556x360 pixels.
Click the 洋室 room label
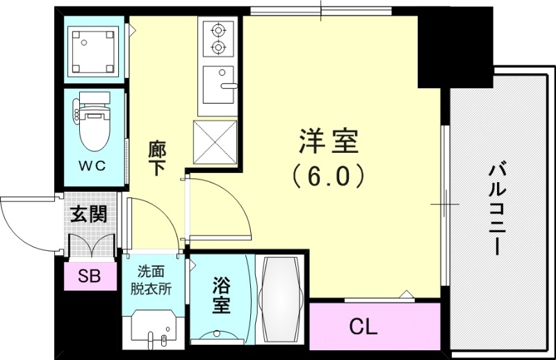328,142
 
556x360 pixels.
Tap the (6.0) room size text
328,177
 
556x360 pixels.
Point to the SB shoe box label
89,277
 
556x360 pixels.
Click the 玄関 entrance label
90,215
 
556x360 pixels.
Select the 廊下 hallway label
157,158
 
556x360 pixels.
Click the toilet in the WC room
93,125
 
